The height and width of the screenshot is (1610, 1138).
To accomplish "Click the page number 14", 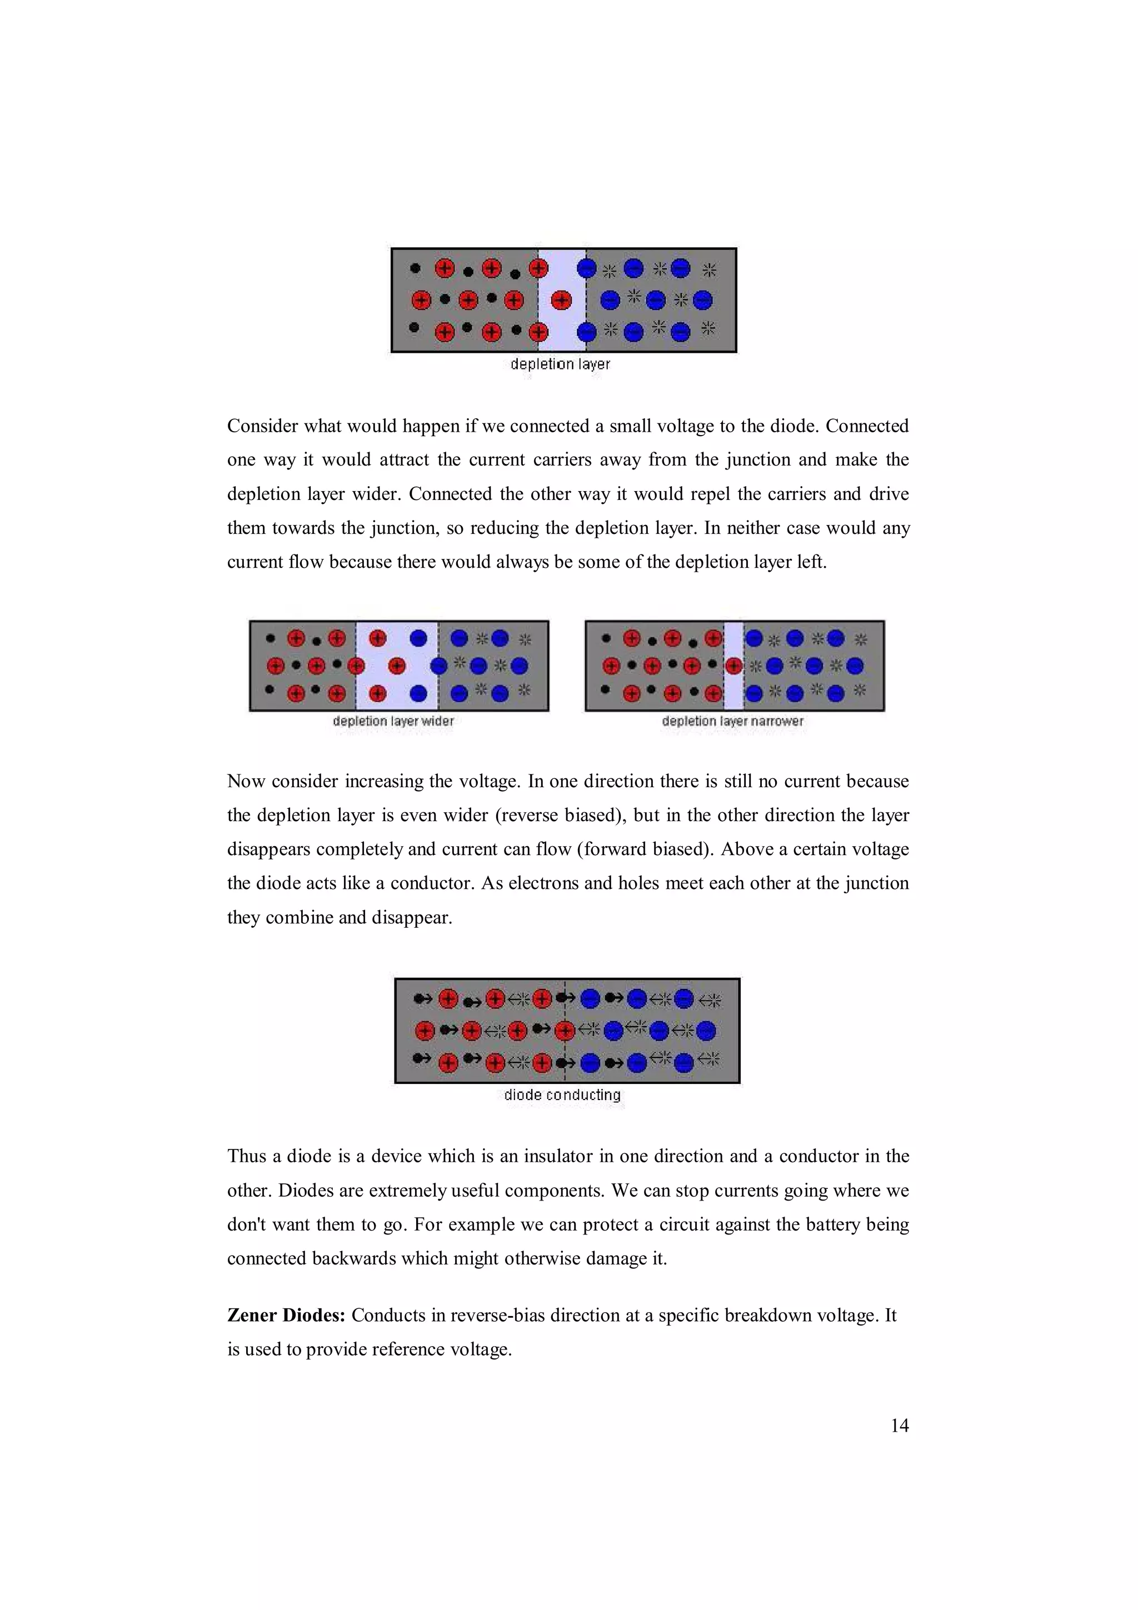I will pyautogui.click(x=899, y=1425).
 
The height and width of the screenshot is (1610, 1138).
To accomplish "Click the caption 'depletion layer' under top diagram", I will pyautogui.click(x=560, y=364).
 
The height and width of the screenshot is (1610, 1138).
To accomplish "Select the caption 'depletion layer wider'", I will pyautogui.click(x=393, y=721).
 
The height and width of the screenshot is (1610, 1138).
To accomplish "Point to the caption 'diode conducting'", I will pyautogui.click(x=562, y=1094).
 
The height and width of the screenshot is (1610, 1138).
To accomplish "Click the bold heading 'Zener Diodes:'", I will pyautogui.click(x=286, y=1315).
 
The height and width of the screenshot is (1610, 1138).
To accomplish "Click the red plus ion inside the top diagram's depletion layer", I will pyautogui.click(x=561, y=301).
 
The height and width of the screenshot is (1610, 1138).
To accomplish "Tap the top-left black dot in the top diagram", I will pyautogui.click(x=415, y=268).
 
